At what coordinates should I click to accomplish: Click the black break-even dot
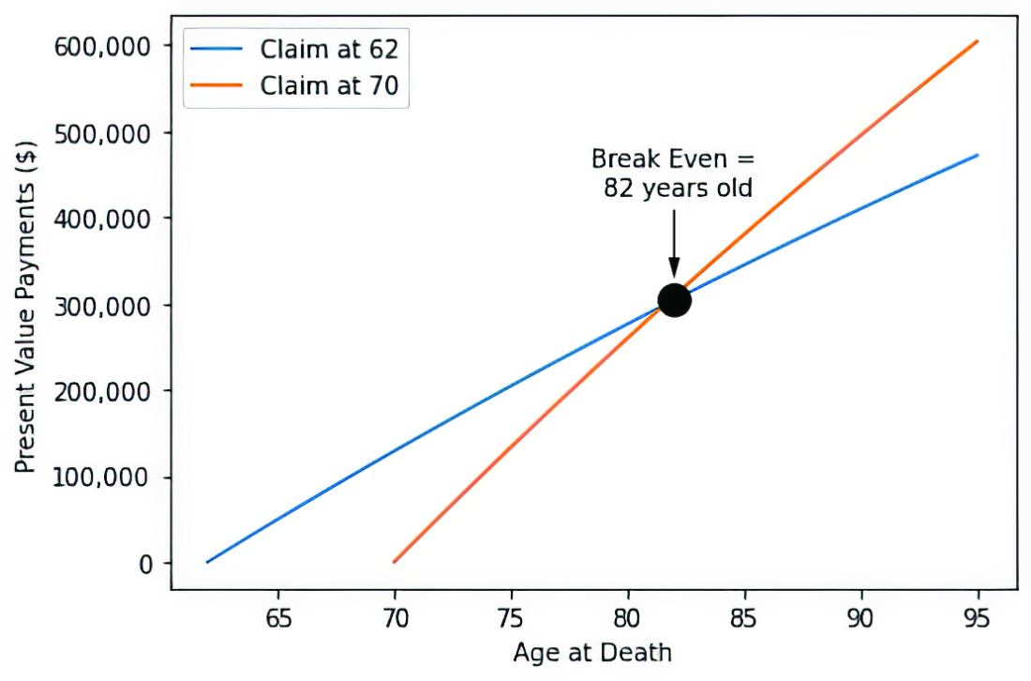pyautogui.click(x=674, y=300)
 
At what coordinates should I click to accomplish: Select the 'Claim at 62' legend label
pyautogui.click(x=329, y=50)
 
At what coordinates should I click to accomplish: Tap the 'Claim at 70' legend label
pyautogui.click(x=329, y=85)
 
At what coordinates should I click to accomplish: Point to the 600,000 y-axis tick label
pyautogui.click(x=102, y=47)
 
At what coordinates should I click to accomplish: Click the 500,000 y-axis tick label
pyautogui.click(x=102, y=133)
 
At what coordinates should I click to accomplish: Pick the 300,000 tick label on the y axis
pyautogui.click(x=102, y=306)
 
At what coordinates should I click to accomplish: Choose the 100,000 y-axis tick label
pyautogui.click(x=102, y=477)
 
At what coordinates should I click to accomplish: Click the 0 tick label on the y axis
pyautogui.click(x=145, y=564)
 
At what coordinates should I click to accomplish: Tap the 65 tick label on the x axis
pyautogui.click(x=278, y=618)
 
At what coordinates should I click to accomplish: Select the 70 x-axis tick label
pyautogui.click(x=395, y=618)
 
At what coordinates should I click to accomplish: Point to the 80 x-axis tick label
pyautogui.click(x=627, y=618)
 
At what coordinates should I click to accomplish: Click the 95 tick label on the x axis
pyautogui.click(x=977, y=618)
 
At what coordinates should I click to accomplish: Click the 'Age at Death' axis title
pyautogui.click(x=592, y=653)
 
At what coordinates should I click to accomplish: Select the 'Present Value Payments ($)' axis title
pyautogui.click(x=25, y=307)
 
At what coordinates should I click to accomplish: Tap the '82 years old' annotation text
pyautogui.click(x=678, y=189)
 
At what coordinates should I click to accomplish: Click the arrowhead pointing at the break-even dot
pyautogui.click(x=674, y=268)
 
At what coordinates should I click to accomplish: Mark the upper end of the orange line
pyautogui.click(x=978, y=40)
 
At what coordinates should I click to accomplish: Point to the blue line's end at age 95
pyautogui.click(x=978, y=156)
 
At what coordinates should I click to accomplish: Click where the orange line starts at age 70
pyautogui.click(x=395, y=562)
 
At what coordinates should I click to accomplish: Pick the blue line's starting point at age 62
pyautogui.click(x=208, y=562)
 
